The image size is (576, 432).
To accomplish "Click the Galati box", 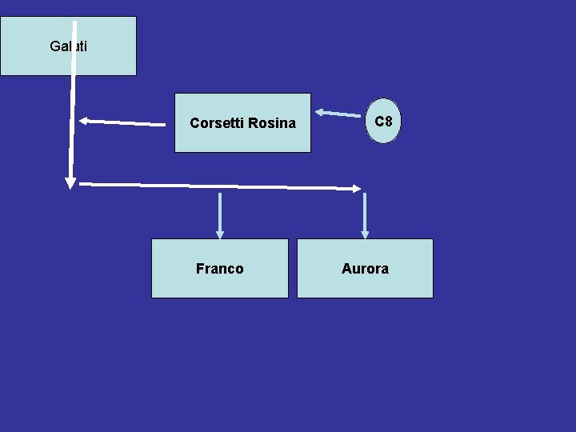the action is pos(104,46).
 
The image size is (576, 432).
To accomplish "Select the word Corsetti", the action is pos(217,123).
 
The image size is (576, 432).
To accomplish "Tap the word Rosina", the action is pos(272,123).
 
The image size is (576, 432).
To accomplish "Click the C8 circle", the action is pos(383,121).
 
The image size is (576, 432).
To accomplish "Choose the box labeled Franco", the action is pos(220,269).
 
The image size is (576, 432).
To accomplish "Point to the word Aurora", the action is pos(365,269).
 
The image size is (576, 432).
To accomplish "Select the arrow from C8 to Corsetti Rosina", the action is pos(338,114).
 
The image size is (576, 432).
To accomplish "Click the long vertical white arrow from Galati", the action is pos(73,104).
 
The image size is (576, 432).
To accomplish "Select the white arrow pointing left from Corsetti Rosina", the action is pos(124,122).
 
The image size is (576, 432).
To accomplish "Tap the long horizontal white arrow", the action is pos(216,186).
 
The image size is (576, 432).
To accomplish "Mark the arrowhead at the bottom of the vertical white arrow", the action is pos(70,183).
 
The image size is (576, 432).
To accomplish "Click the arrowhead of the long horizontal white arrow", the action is pos(357,189).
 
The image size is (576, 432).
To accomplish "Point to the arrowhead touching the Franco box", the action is pos(220,234).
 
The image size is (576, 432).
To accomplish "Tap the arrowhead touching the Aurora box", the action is pos(365,234).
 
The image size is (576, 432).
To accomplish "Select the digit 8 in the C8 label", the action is pos(388,122).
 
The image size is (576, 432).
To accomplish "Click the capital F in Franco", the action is pos(200,269).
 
